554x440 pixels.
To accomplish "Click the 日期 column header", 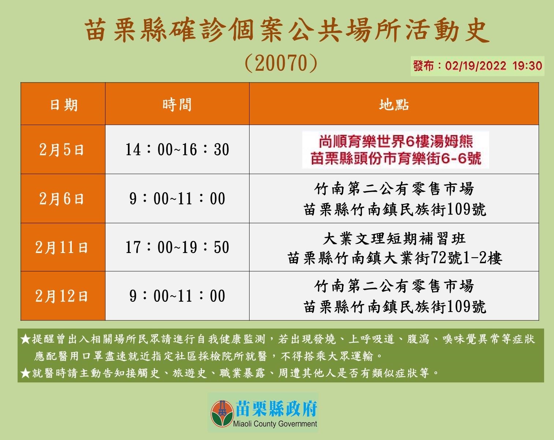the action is pos(64,105).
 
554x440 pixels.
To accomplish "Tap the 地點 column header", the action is pos(394,104).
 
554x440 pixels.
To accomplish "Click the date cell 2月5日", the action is pos(62,149).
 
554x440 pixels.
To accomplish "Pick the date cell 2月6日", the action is pos(62,199).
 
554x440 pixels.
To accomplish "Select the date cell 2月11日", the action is pos(62,247).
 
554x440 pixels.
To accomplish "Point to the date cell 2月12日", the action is pos(62,296).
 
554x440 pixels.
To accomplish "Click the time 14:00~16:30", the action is pos(177,149).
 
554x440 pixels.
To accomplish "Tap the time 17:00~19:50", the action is pos(177,247).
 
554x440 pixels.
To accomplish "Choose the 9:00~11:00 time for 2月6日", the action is pos(177,199).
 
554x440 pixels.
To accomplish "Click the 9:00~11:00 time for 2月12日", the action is pos(177,296).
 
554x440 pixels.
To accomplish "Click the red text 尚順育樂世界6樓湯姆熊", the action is pos(396,141).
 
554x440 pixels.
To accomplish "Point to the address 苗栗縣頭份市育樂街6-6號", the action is pos(396,158).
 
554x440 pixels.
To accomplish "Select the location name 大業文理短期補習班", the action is pos(394,238).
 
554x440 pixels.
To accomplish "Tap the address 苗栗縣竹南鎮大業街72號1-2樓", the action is pos(395,258).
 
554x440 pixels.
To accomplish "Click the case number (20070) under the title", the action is pos(281,63).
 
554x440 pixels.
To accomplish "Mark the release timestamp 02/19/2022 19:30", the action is pos(494,66).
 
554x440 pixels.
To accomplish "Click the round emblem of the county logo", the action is pos(222,414).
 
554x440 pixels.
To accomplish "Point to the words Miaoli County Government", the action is pos(275,424).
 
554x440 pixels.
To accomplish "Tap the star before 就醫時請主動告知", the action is pos(26,373).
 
